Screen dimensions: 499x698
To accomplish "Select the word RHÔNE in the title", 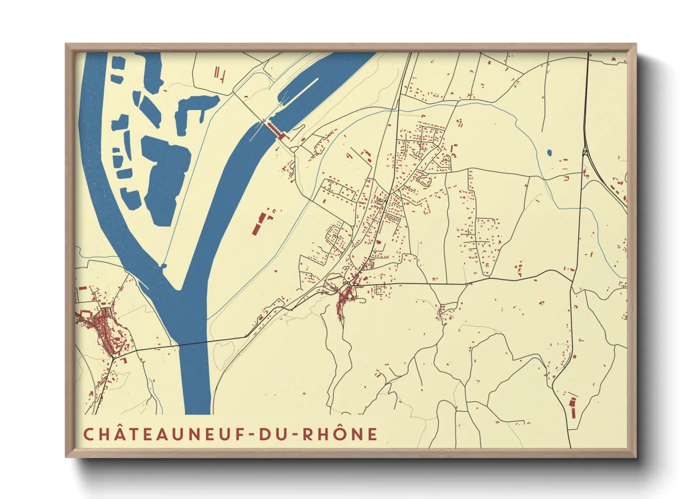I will pyautogui.click(x=340, y=434).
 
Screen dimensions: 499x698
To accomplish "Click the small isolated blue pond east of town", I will pyautogui.click(x=549, y=153).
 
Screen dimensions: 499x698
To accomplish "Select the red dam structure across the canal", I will pyautogui.click(x=277, y=130).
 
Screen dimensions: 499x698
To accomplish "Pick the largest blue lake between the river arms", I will pyautogui.click(x=165, y=179).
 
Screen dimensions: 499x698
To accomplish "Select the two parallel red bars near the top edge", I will pyautogui.click(x=217, y=73).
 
